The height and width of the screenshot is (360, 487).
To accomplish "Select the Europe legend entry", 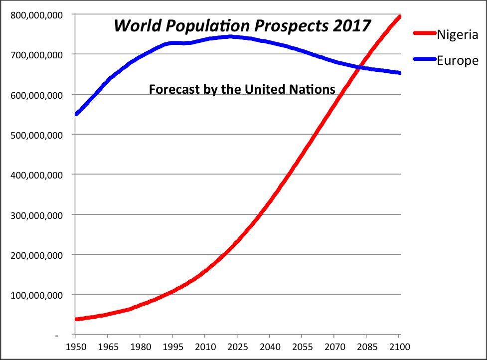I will click(x=457, y=61).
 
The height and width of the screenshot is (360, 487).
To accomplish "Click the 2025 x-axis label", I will click(x=237, y=346).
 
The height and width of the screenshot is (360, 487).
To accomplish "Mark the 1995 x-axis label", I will click(x=172, y=346).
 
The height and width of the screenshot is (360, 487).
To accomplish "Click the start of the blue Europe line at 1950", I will click(x=76, y=114).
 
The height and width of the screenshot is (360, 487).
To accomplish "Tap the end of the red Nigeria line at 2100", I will click(x=399, y=17).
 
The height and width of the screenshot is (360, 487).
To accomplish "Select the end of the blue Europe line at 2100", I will click(x=399, y=73).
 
